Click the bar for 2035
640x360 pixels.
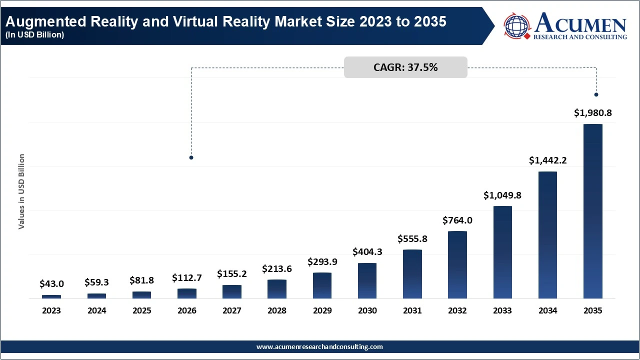click(592, 211)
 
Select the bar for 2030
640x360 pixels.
click(367, 280)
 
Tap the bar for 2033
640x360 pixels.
click(502, 252)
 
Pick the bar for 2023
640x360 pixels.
click(51, 296)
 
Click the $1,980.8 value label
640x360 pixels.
click(592, 113)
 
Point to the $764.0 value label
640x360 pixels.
click(457, 220)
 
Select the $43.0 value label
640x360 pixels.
click(51, 284)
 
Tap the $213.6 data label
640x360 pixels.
click(277, 269)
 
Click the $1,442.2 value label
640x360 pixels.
click(547, 160)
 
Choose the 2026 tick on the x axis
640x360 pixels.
click(187, 310)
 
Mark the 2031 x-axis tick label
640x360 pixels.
click(412, 310)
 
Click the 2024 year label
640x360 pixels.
click(96, 310)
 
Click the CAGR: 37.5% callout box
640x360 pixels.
click(405, 67)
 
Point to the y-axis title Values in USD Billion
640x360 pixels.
click(21, 192)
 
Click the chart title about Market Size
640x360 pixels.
click(225, 22)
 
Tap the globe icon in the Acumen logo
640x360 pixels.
click(517, 26)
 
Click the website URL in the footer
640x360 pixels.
click(319, 346)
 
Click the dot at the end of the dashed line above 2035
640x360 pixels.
click(596, 94)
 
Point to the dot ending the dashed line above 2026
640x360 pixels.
click(191, 157)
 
